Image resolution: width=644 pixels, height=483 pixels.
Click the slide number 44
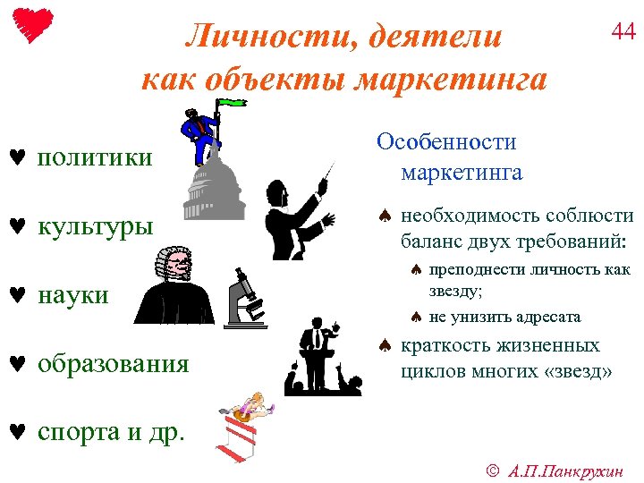pyautogui.click(x=623, y=32)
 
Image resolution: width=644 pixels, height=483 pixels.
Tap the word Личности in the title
pyautogui.click(x=253, y=37)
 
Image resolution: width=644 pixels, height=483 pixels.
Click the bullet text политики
pyautogui.click(x=95, y=158)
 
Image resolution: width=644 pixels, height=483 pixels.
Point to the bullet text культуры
pyautogui.click(x=95, y=226)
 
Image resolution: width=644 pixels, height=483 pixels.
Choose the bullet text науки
pyautogui.click(x=73, y=294)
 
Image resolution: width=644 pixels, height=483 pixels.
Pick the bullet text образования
pyautogui.click(x=114, y=363)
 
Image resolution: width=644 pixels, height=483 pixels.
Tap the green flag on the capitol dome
pyautogui.click(x=233, y=103)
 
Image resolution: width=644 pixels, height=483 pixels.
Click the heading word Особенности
pyautogui.click(x=446, y=142)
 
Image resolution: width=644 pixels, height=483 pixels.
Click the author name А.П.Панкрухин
pyautogui.click(x=569, y=468)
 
